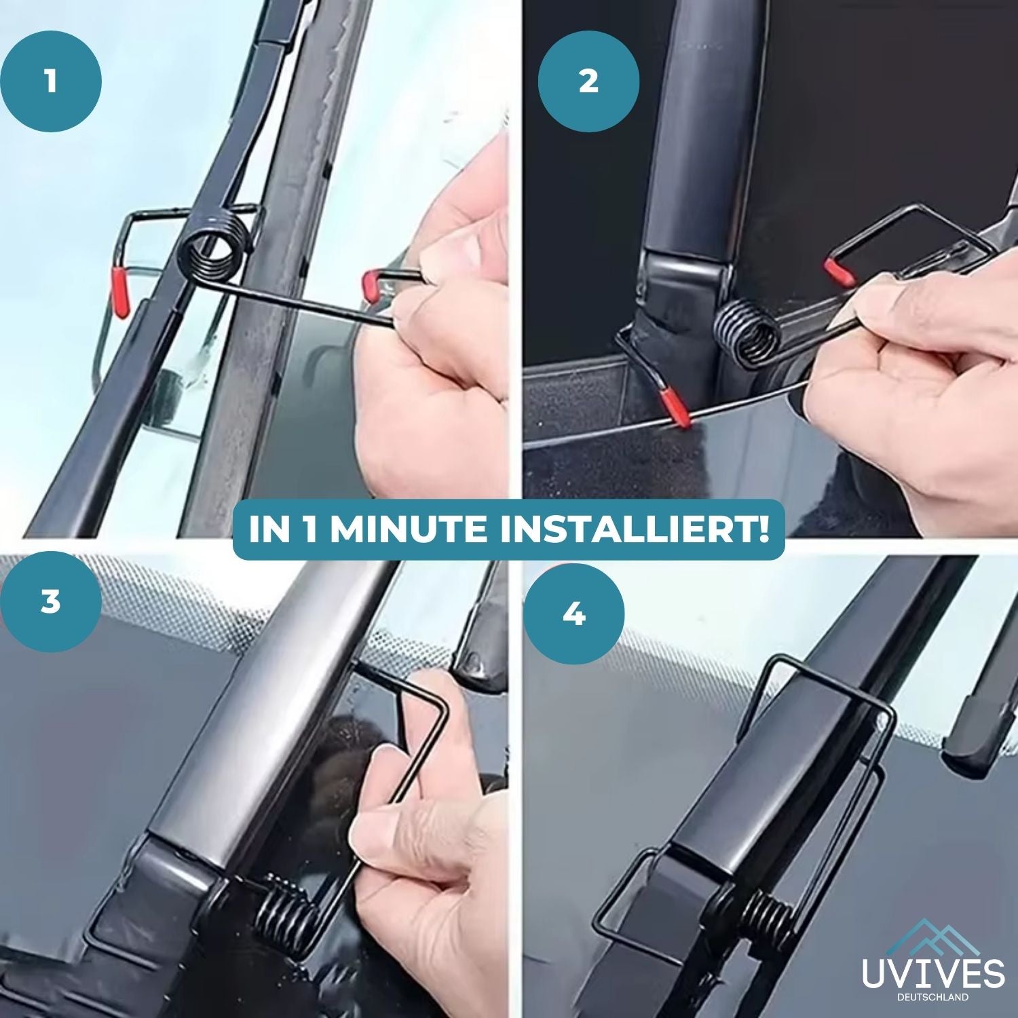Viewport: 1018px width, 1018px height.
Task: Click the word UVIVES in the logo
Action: pyautogui.click(x=932, y=971)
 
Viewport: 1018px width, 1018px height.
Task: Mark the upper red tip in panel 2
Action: pyautogui.click(x=835, y=271)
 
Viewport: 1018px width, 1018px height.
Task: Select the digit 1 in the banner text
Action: pyautogui.click(x=310, y=530)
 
